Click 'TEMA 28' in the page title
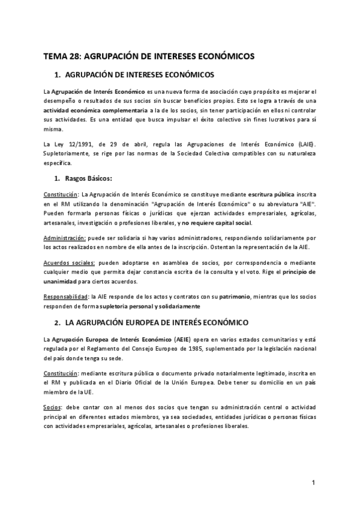pyautogui.click(x=61, y=55)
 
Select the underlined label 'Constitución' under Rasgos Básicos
pyautogui.click(x=61, y=195)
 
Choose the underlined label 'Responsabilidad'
pyautogui.click(x=66, y=297)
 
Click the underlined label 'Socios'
pyautogui.click(x=53, y=390)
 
